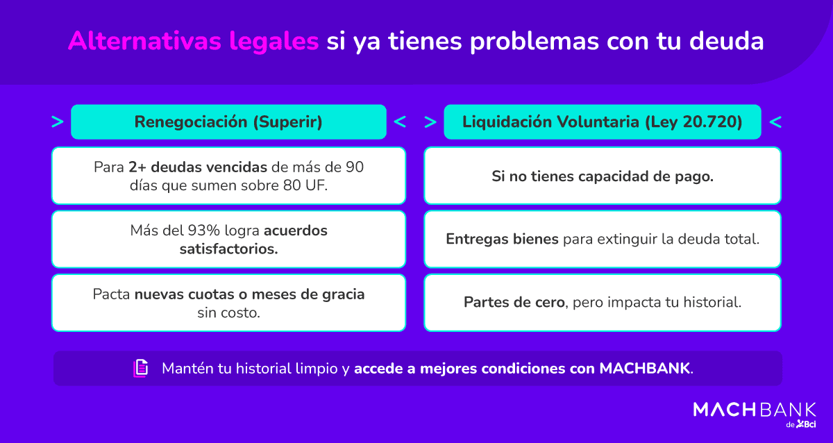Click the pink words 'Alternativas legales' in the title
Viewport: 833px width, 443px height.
(193, 41)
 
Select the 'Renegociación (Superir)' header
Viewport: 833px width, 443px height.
(228, 122)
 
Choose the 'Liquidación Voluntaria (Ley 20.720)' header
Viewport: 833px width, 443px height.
(602, 122)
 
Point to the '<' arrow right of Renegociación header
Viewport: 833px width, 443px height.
(400, 122)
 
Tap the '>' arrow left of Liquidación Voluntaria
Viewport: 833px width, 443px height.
(430, 122)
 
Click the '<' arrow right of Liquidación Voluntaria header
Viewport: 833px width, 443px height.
(775, 122)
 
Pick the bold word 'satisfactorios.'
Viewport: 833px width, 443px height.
(228, 248)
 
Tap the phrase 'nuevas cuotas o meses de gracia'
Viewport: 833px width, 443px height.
(249, 294)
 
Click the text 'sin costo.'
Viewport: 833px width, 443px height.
(228, 312)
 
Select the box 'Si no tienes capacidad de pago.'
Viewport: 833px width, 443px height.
(602, 176)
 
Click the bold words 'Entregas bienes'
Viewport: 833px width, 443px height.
(502, 240)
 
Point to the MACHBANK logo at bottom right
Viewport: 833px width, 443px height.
(755, 412)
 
